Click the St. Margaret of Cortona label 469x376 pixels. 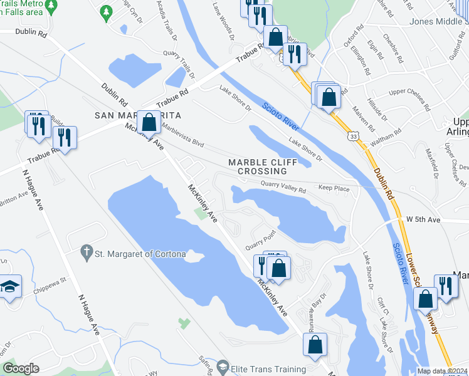[140, 254]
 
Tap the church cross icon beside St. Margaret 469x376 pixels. [87, 253]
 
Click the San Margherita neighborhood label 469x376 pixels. [137, 115]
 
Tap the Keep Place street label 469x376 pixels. [334, 187]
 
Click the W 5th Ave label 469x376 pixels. [424, 219]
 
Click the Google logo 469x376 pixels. [21, 369]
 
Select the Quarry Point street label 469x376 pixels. [261, 236]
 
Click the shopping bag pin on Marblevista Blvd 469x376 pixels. [149, 122]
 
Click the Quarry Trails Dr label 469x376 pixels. [183, 60]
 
